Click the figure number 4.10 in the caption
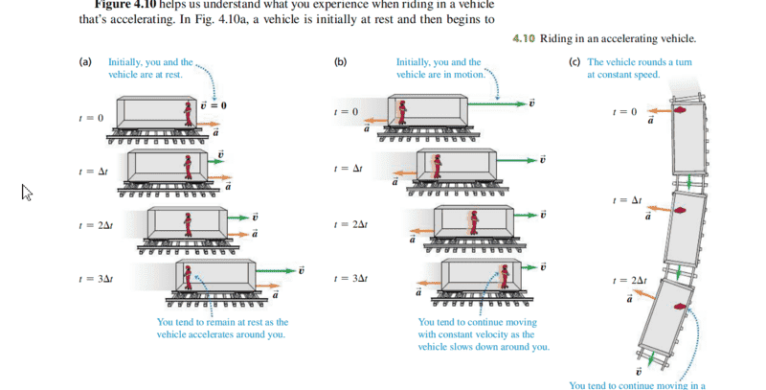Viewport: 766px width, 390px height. tap(524, 39)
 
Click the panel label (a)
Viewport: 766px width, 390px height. tap(85, 62)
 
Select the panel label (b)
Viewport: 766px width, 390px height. tap(341, 62)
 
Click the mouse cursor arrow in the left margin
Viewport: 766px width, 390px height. tap(27, 193)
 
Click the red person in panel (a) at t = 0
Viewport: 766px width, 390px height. tap(189, 115)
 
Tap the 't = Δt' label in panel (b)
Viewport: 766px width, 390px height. tap(347, 169)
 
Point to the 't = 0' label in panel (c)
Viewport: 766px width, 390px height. tap(624, 112)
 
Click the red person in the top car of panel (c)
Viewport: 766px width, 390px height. tap(680, 112)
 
